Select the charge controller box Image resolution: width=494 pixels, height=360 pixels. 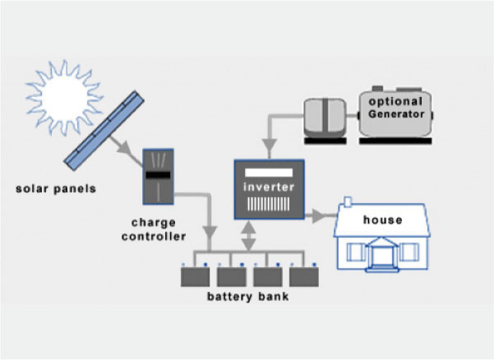coord(157,178)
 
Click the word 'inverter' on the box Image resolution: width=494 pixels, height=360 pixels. coord(263,187)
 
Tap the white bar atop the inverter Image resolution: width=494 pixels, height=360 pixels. coord(263,172)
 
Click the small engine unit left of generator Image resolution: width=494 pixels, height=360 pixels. coord(328,118)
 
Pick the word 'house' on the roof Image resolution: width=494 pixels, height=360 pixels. coord(382,220)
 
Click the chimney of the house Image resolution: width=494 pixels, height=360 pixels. coord(348,201)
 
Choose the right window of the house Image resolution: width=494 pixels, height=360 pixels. coord(415,252)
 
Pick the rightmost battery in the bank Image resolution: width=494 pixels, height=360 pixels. coord(304,275)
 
